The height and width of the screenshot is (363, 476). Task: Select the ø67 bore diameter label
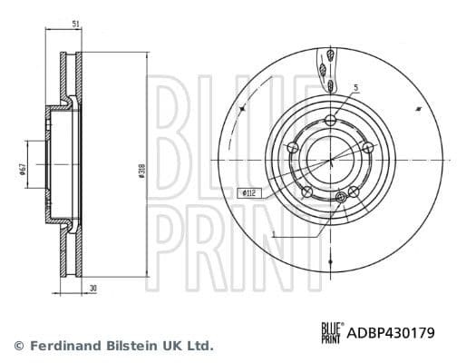click(x=21, y=169)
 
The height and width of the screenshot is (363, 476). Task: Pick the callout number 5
click(x=355, y=88)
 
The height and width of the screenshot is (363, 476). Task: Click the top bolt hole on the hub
click(x=332, y=118)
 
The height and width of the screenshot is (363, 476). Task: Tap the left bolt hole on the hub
click(x=292, y=148)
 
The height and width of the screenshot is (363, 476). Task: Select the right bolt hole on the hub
click(x=367, y=148)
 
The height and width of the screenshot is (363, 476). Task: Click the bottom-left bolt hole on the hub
click(x=306, y=191)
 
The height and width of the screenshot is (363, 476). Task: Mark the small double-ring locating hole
click(x=341, y=197)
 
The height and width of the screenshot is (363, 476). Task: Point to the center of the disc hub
click(x=330, y=160)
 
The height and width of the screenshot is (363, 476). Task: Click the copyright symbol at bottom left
click(x=18, y=346)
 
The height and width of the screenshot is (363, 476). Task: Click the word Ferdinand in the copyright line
click(x=63, y=346)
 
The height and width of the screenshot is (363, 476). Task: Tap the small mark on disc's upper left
click(x=242, y=107)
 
